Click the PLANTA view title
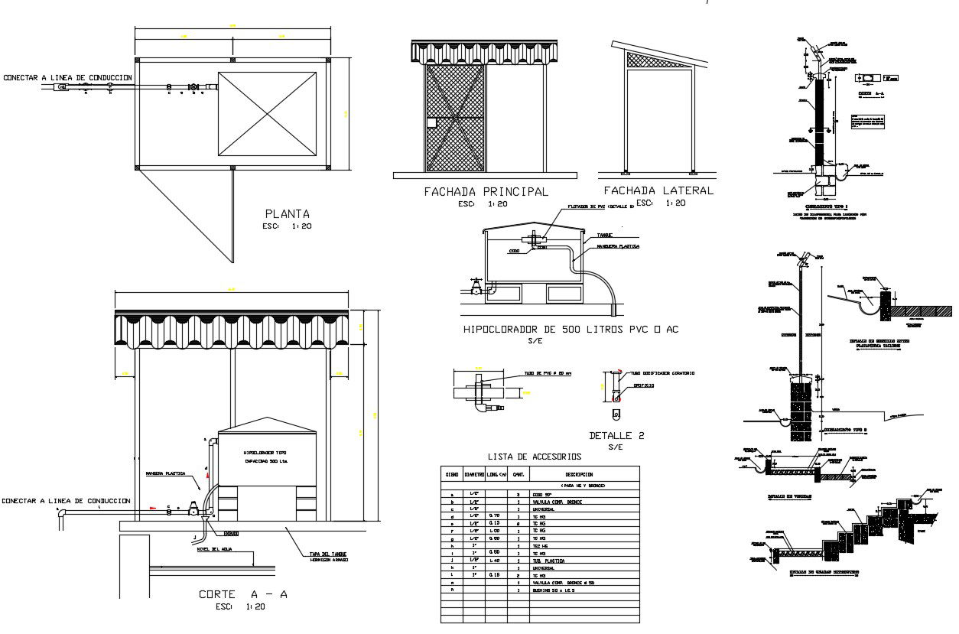pyautogui.click(x=288, y=213)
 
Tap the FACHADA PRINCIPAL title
pyautogui.click(x=486, y=192)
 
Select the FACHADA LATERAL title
pyautogui.click(x=658, y=190)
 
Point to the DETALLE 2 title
pyautogui.click(x=616, y=436)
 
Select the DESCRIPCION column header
pyautogui.click(x=584, y=474)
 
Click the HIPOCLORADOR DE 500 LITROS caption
pyautogui.click(x=571, y=330)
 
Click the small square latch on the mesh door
pyautogui.click(x=431, y=122)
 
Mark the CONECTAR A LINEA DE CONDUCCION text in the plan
pyautogui.click(x=68, y=78)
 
